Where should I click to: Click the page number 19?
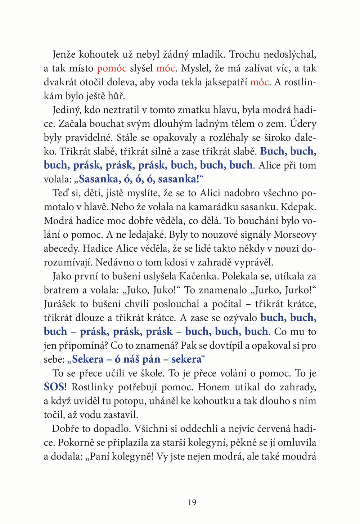[192, 502]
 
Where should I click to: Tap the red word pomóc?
[112, 68]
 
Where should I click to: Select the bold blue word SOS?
[54, 387]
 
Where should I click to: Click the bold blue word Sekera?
[87, 359]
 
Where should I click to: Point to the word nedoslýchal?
[290, 54]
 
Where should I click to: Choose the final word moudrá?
[300, 457]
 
